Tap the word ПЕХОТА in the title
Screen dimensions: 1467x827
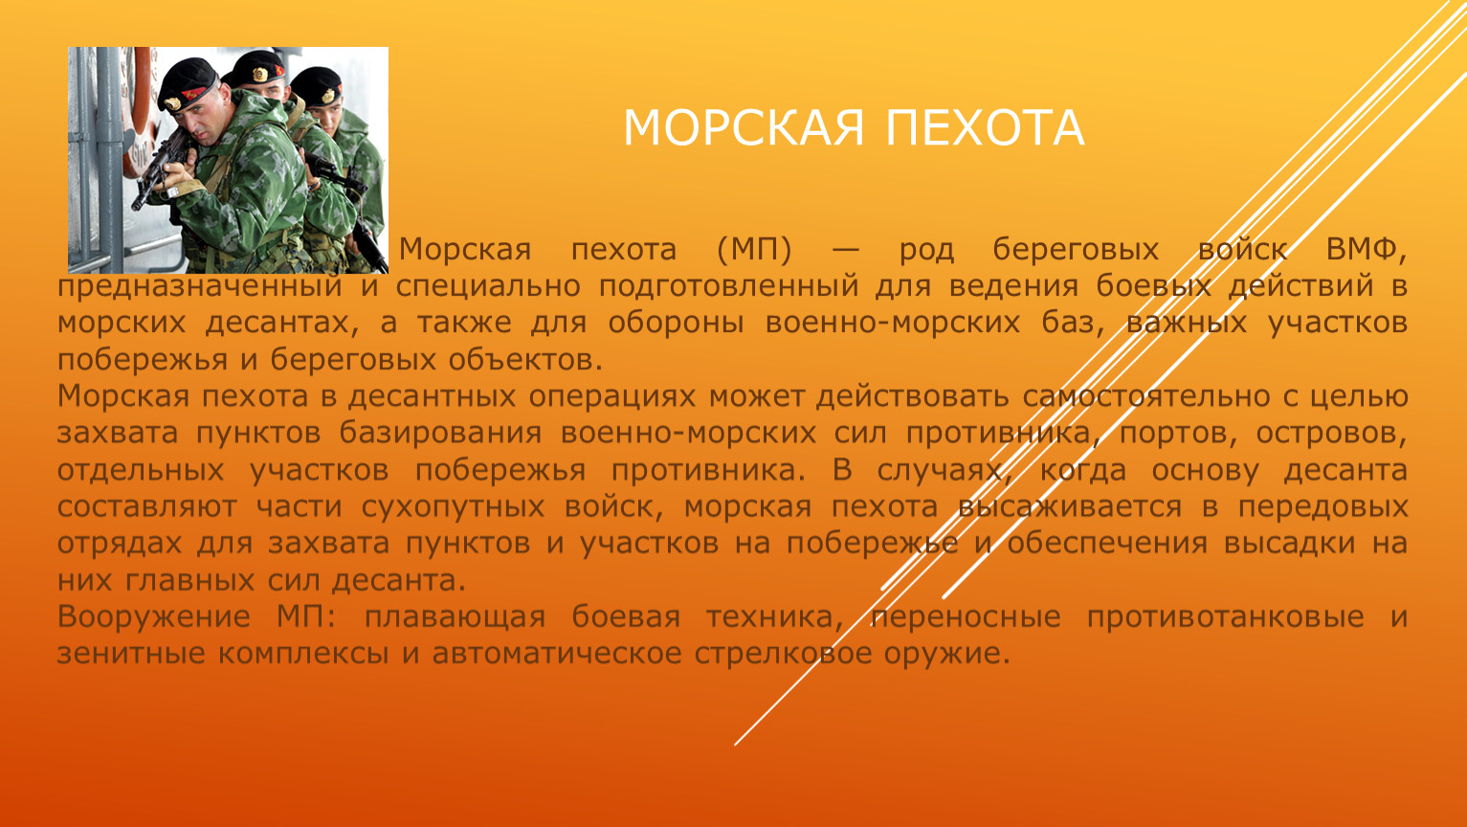pyautogui.click(x=985, y=127)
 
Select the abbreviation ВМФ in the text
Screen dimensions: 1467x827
pyautogui.click(x=1367, y=251)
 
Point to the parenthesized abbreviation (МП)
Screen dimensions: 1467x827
pyautogui.click(x=754, y=251)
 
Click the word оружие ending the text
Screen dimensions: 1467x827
pyautogui.click(x=946, y=655)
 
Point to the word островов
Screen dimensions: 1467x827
pyautogui.click(x=1331, y=434)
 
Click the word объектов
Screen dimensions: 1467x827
pyautogui.click(x=525, y=360)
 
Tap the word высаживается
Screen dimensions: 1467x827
pyautogui.click(x=1070, y=507)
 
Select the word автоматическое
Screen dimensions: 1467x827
pyautogui.click(x=557, y=655)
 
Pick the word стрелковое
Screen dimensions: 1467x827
pyautogui.click(x=784, y=655)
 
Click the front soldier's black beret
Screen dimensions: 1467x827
pyautogui.click(x=187, y=83)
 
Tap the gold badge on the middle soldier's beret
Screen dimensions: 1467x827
pyautogui.click(x=259, y=75)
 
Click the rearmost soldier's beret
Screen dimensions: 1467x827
pyautogui.click(x=317, y=86)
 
